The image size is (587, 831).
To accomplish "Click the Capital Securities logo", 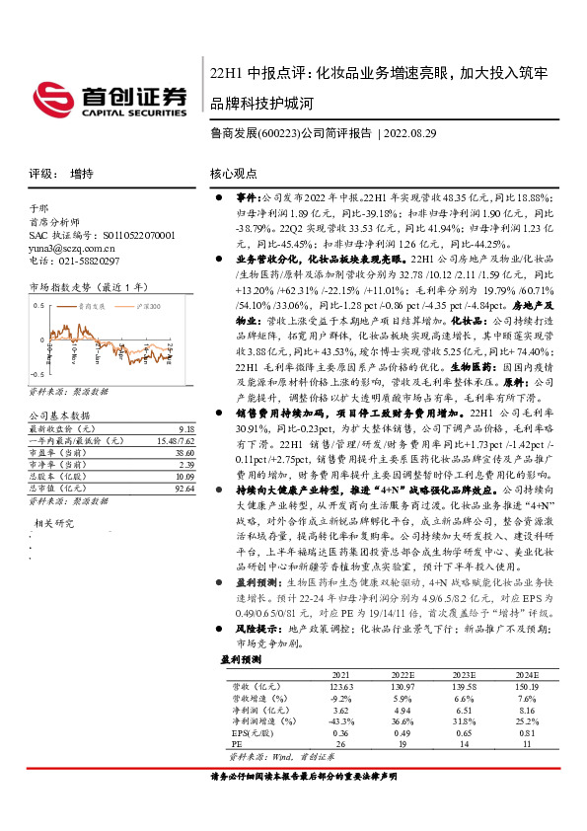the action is (113, 96).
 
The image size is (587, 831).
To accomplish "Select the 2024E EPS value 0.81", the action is (528, 732).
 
